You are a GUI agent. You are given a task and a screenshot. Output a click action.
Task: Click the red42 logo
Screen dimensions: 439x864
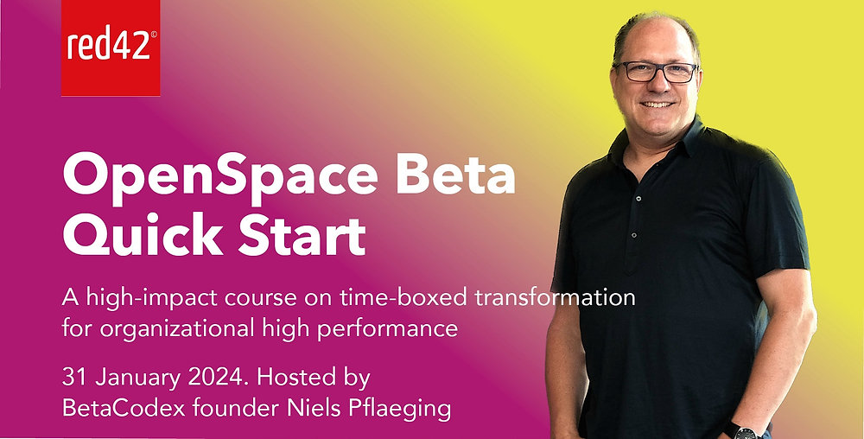(x=111, y=47)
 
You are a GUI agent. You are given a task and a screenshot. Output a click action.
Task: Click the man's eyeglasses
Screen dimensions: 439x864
(x=656, y=73)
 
